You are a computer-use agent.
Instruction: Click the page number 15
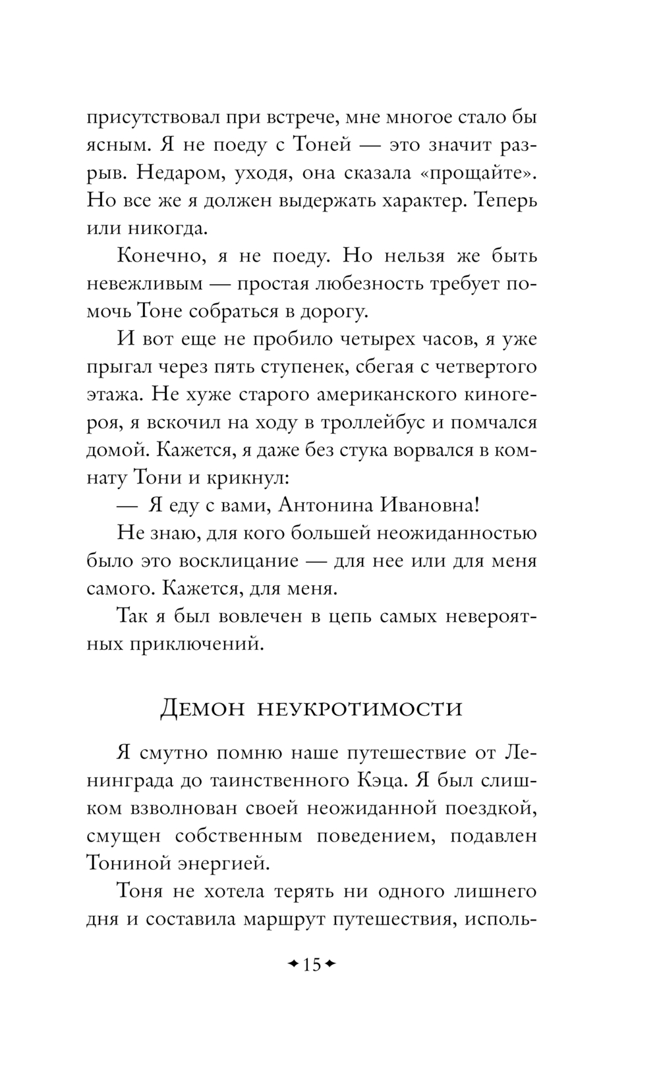(312, 965)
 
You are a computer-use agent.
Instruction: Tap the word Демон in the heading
(203, 708)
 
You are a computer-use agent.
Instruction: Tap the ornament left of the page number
(294, 965)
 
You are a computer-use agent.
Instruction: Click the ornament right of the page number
(330, 965)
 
